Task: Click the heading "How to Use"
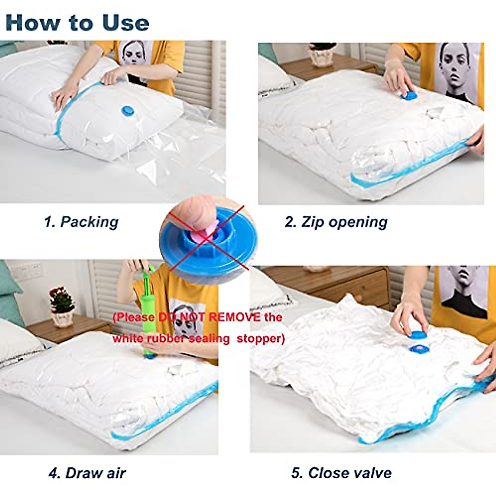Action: [x=77, y=22]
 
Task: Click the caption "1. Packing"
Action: [x=81, y=222]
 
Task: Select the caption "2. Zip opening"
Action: [x=336, y=222]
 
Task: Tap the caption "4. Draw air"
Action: [x=87, y=473]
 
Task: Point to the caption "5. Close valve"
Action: [x=341, y=473]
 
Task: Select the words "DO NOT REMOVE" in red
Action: [x=210, y=317]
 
